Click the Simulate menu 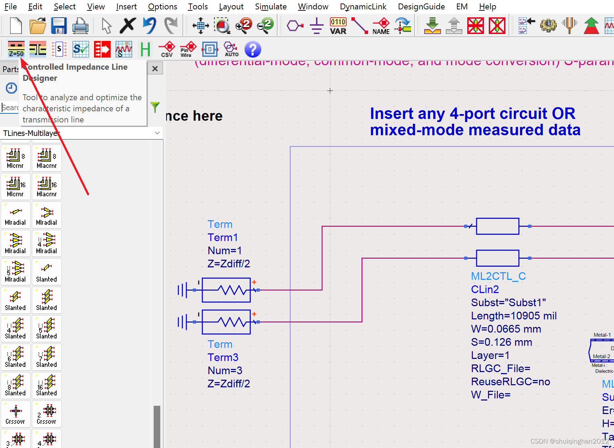pos(271,7)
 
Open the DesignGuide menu pos(421,7)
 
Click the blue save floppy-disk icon pos(59,26)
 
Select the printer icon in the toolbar pos(80,26)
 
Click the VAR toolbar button pos(338,26)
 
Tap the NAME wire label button pos(381,26)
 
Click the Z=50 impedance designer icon pos(16,49)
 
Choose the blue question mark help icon pos(253,49)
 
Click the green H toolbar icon pos(145,49)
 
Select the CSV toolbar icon pos(167,49)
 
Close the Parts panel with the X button pos(155,69)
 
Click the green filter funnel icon pos(155,107)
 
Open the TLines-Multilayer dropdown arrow pos(157,133)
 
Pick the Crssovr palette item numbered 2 pos(47,414)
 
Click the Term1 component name pos(223,238)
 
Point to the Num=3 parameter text pos(225,371)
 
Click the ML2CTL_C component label pos(498,276)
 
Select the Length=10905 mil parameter pos(513,316)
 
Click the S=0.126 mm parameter pos(501,342)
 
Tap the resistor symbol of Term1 pos(226,290)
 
